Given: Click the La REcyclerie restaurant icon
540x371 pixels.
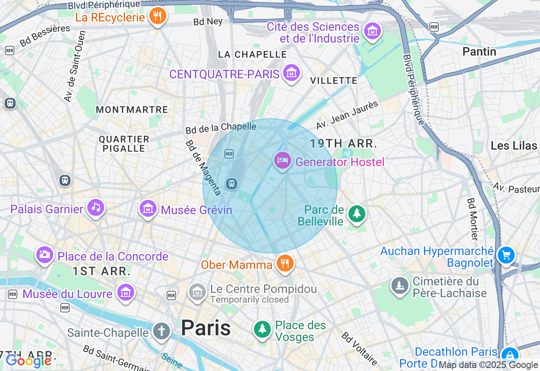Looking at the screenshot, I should pyautogui.click(x=158, y=16).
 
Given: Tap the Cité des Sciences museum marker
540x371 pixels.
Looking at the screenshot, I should pyautogui.click(x=373, y=31).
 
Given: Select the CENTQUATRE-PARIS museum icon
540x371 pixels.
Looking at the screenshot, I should pyautogui.click(x=291, y=73).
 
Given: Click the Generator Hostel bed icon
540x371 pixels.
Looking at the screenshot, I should pyautogui.click(x=283, y=161).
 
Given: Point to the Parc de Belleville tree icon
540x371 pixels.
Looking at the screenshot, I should pyautogui.click(x=357, y=214).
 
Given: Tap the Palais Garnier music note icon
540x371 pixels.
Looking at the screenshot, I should pyautogui.click(x=96, y=207).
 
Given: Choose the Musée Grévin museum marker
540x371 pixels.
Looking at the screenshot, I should pyautogui.click(x=148, y=208).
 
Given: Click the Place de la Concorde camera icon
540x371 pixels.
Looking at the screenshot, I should pyautogui.click(x=44, y=254).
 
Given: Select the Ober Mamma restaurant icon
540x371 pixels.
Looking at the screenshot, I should pyautogui.click(x=285, y=263).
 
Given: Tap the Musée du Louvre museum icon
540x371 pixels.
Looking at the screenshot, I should pyautogui.click(x=126, y=292).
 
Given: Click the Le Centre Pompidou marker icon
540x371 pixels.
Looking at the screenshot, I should pyautogui.click(x=197, y=291).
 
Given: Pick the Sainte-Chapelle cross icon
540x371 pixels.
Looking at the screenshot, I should pyautogui.click(x=161, y=331).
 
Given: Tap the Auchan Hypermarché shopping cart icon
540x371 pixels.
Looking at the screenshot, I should pyautogui.click(x=506, y=255).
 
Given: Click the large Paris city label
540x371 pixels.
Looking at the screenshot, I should pyautogui.click(x=206, y=328).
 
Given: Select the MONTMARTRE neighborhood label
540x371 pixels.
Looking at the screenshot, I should pyautogui.click(x=132, y=110).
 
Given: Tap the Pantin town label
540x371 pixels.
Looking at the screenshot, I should pyautogui.click(x=479, y=52).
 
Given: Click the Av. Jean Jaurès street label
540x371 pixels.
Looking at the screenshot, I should pyautogui.click(x=347, y=115).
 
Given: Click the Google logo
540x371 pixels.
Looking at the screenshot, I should pyautogui.click(x=28, y=361).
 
